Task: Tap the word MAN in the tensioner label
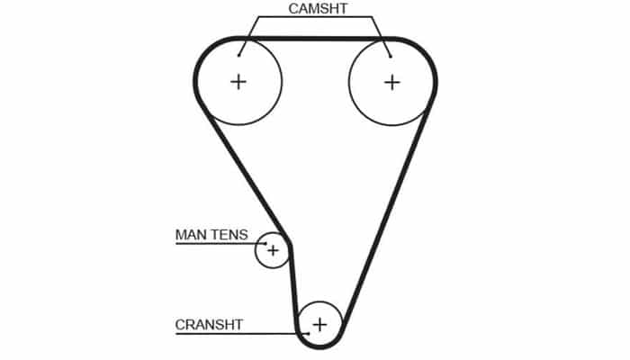(190, 235)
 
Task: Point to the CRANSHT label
(210, 323)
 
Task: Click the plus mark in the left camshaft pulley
(238, 82)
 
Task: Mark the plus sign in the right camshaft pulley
(391, 82)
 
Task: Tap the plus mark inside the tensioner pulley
(272, 250)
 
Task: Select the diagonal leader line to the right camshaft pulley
(382, 38)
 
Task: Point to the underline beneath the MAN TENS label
(216, 244)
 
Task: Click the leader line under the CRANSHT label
(234, 332)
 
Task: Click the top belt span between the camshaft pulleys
(315, 39)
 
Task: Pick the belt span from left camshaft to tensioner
(241, 171)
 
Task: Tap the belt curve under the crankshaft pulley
(319, 346)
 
